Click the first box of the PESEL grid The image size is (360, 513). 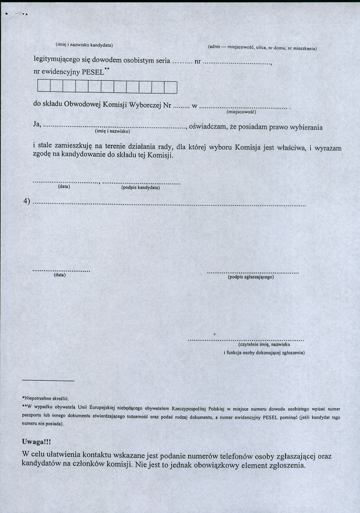coord(43,88)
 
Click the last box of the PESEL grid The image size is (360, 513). coord(170,88)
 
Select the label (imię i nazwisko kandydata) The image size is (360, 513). coord(84,44)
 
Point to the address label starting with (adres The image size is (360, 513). coord(262,47)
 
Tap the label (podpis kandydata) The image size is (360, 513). coord(140,188)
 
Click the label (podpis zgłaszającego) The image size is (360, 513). coord(251,277)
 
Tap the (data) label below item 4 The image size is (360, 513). coord(59,274)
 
